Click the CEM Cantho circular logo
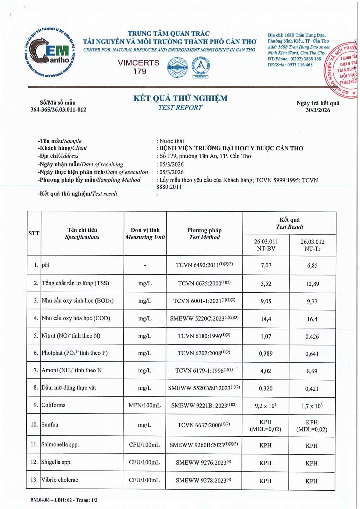pyautogui.click(x=50, y=53)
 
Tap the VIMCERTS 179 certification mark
pyautogui.click(x=139, y=67)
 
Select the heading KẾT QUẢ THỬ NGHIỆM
pyautogui.click(x=180, y=98)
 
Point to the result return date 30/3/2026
pyautogui.click(x=318, y=110)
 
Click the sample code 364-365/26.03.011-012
pyautogui.click(x=58, y=110)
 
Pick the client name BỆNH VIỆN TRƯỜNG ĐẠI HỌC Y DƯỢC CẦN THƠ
pyautogui.click(x=231, y=148)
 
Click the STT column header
pyautogui.click(x=34, y=233)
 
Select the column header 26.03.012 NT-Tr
pyautogui.click(x=312, y=245)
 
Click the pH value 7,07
pyautogui.click(x=266, y=265)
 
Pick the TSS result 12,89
pyautogui.click(x=312, y=284)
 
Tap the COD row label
pyautogui.click(x=76, y=318)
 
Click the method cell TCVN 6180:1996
pyautogui.click(x=204, y=336)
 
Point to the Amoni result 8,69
pyautogui.click(x=312, y=371)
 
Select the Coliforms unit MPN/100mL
pyautogui.click(x=145, y=405)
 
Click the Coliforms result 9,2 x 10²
pyautogui.click(x=266, y=406)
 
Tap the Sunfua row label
pyautogui.click(x=50, y=425)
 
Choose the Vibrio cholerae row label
pyautogui.click(x=60, y=480)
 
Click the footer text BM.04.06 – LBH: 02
pyautogui.click(x=51, y=500)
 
